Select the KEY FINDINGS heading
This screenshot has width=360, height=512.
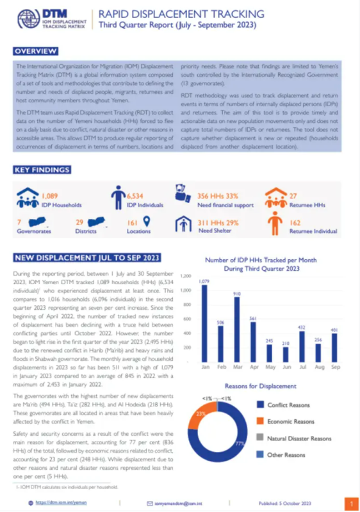[x=42, y=170]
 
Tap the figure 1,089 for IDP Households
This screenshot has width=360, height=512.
[x=50, y=196]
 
